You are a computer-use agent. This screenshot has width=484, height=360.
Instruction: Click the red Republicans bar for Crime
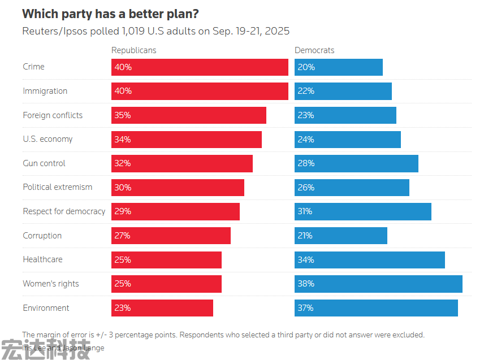[x=200, y=67]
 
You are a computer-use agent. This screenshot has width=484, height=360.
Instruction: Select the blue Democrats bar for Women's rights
[x=378, y=284]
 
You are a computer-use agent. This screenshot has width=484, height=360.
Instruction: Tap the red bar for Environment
[x=162, y=308]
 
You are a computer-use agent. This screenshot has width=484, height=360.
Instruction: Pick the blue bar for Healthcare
[x=370, y=260]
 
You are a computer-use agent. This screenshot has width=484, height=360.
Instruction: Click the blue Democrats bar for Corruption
[x=341, y=236]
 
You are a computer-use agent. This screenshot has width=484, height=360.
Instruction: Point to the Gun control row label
[x=44, y=163]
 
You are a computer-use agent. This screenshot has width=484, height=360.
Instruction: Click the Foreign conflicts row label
[x=53, y=115]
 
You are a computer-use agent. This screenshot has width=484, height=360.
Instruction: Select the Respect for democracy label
[x=64, y=211]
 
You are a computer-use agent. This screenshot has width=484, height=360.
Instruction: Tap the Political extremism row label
[x=57, y=187]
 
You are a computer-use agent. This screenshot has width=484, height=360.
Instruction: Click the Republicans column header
[x=133, y=50]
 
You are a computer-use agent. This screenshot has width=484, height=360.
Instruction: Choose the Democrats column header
[x=314, y=50]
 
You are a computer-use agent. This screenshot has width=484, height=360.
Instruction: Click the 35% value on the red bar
[x=123, y=115]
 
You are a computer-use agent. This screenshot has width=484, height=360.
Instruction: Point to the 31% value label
[x=306, y=211]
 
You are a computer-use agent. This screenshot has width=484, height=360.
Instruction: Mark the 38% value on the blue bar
[x=306, y=284]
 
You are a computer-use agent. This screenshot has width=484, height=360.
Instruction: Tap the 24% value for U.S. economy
[x=306, y=139]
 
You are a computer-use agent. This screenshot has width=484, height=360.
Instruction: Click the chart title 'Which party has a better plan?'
[x=110, y=13]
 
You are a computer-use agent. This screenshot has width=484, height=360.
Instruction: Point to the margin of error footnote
[x=223, y=335]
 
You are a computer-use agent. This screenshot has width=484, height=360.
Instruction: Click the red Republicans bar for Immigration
[x=200, y=91]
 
